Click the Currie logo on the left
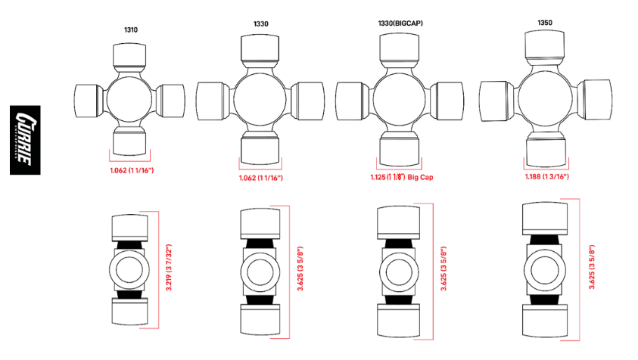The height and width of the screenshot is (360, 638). pos(25,140)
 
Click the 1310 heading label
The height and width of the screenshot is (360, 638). pos(131,29)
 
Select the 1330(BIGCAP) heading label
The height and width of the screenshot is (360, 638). pos(400,23)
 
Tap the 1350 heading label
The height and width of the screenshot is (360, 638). pos(545,23)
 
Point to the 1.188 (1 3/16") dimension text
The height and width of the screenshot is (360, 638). pos(546,176)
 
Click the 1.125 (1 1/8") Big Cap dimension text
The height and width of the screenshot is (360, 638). pos(402,177)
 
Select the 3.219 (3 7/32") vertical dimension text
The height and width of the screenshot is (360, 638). pos(169,267)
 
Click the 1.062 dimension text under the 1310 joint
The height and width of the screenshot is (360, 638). pos(132,170)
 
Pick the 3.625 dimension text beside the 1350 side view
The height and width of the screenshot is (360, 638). pos(592,267)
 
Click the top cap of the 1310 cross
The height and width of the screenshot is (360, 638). pos(129,55)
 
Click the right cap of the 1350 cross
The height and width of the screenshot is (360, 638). pos(594,100)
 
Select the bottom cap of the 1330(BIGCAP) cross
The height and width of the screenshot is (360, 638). pos(399,151)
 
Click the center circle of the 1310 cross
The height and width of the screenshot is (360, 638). pos(129,99)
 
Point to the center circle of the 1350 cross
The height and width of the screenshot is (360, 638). pos(545,98)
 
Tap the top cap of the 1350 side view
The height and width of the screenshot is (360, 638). pos(545,219)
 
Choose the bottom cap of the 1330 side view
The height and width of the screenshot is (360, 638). pos(260,320)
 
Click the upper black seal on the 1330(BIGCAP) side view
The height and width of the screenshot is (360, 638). pos(399,244)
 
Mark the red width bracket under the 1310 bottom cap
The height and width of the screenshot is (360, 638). pos(130,160)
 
